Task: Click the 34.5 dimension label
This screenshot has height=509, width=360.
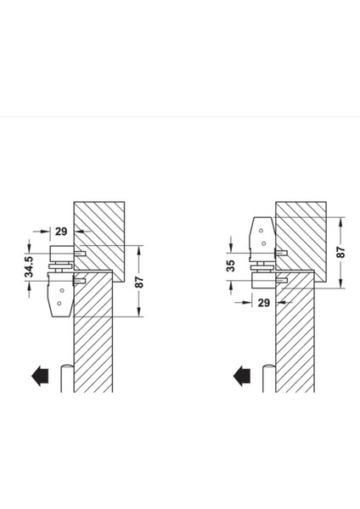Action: (x=29, y=267)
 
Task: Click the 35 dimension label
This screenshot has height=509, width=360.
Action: (x=231, y=266)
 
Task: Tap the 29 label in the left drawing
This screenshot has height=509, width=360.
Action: (x=61, y=232)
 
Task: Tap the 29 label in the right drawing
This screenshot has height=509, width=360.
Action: (x=264, y=303)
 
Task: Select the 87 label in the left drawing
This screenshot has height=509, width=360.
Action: (x=139, y=282)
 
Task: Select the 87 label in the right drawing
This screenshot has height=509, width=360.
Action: (x=340, y=252)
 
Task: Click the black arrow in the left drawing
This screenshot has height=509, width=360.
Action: (x=40, y=376)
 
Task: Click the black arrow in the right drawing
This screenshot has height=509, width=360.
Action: (x=242, y=376)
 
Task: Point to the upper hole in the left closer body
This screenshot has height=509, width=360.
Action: (x=62, y=290)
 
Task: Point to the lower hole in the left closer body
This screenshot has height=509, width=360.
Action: (x=59, y=304)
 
